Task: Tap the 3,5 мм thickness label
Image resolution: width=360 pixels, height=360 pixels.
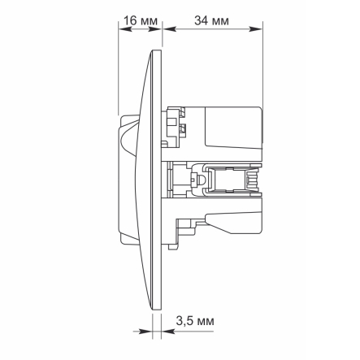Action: [195, 322]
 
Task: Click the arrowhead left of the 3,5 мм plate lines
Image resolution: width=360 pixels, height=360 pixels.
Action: [148, 332]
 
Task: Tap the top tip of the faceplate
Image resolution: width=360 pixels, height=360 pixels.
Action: [158, 50]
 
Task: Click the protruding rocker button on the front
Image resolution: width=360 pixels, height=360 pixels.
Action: [128, 180]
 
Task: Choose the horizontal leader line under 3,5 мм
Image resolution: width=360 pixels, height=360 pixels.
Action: [195, 332]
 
